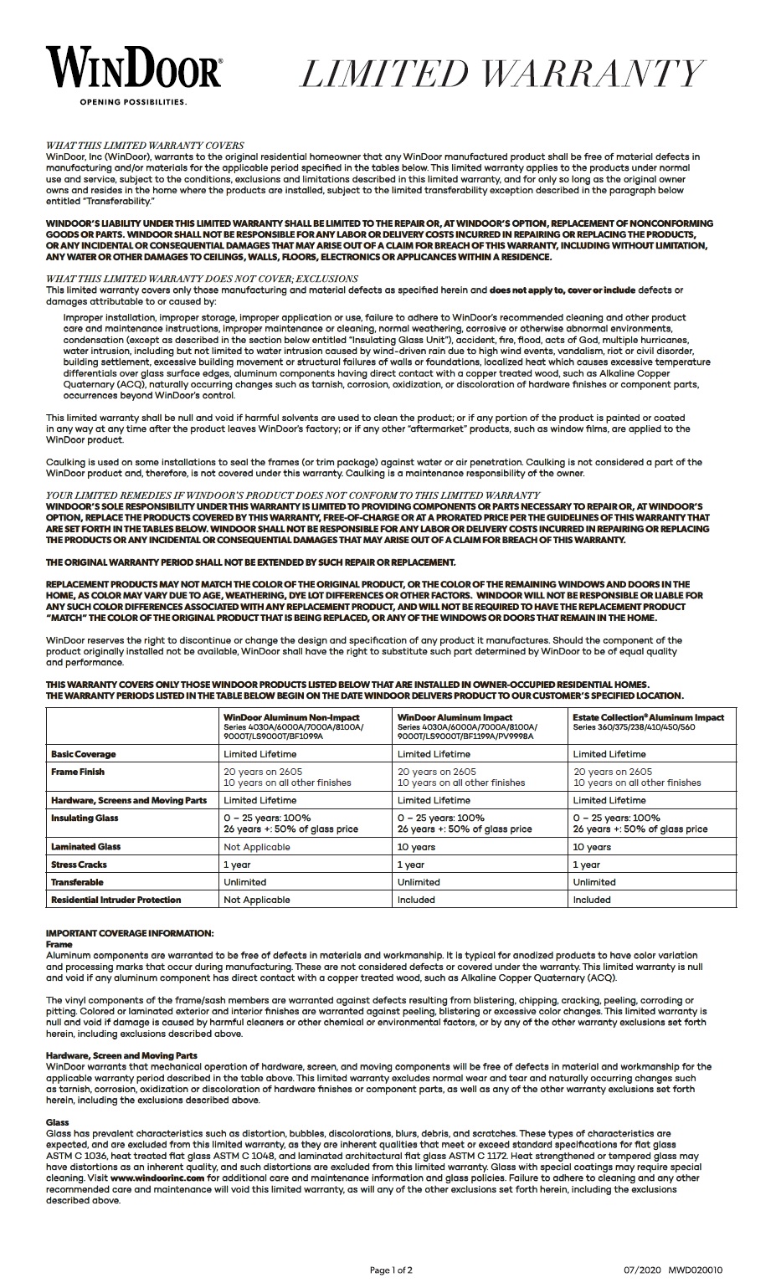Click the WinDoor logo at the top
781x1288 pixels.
click(134, 68)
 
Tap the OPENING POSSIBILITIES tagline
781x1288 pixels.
click(133, 102)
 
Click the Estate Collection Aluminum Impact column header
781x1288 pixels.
click(648, 717)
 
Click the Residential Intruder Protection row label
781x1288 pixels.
click(116, 900)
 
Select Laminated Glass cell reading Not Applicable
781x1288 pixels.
click(256, 847)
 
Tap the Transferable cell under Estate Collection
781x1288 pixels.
click(594, 882)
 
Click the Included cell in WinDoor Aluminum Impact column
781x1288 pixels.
click(416, 900)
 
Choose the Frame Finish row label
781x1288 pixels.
click(78, 772)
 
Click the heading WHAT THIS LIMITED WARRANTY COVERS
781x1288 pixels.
click(145, 145)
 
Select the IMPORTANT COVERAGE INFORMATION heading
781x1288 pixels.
click(130, 933)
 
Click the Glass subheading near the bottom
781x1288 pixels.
click(58, 1122)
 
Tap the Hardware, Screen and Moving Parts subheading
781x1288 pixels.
click(121, 1055)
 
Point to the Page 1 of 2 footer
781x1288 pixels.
click(390, 1270)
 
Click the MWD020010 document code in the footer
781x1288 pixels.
click(696, 1270)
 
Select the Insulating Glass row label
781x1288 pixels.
click(85, 818)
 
